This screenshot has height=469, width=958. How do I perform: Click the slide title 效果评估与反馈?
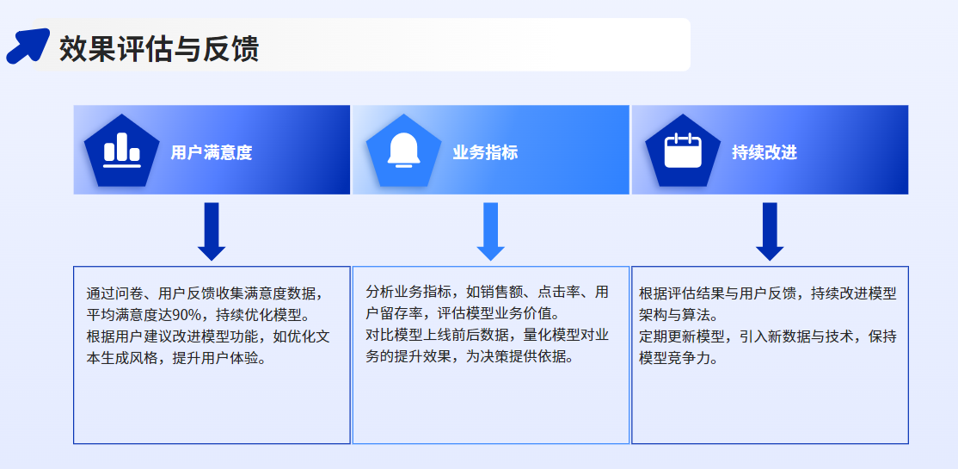[x=159, y=48]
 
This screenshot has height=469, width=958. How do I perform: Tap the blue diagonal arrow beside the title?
[x=28, y=46]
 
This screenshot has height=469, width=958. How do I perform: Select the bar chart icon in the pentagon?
[x=122, y=150]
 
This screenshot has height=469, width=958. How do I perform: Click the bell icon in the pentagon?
[x=404, y=150]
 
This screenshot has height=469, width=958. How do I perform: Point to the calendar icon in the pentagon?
[x=683, y=150]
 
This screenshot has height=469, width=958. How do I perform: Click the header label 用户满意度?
[x=212, y=152]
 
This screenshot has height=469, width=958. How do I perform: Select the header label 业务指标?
[x=485, y=152]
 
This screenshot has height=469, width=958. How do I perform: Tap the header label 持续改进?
[x=765, y=152]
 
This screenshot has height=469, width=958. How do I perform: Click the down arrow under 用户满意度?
[x=212, y=231]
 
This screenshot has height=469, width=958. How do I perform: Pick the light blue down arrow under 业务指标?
[x=490, y=231]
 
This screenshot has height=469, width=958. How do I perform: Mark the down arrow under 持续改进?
[x=770, y=231]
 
